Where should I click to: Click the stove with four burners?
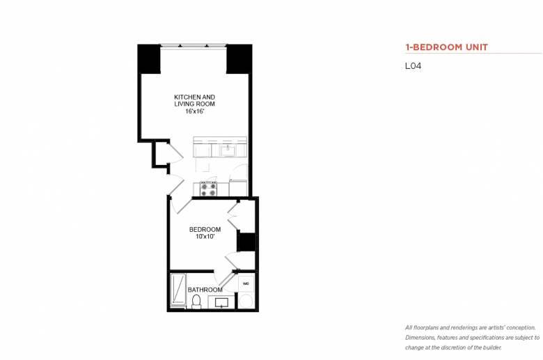[208, 189]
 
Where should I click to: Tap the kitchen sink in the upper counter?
[228, 150]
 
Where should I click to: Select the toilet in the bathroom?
[196, 301]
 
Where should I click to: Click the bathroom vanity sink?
[221, 302]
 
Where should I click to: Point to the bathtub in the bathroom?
[178, 290]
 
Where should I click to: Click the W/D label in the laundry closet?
[246, 284]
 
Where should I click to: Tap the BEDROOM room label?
[205, 229]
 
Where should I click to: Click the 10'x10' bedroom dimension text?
[205, 237]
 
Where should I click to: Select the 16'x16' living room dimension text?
[195, 111]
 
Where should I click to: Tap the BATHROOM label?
[205, 290]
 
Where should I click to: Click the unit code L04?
[413, 66]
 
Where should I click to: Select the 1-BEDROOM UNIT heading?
[446, 47]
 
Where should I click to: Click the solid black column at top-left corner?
[149, 59]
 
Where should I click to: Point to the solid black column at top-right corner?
[239, 59]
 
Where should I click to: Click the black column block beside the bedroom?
[246, 242]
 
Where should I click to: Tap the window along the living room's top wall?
[194, 45]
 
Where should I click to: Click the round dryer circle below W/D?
[246, 301]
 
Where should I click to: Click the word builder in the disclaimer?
[492, 347]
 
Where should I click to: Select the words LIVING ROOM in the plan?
[195, 104]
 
